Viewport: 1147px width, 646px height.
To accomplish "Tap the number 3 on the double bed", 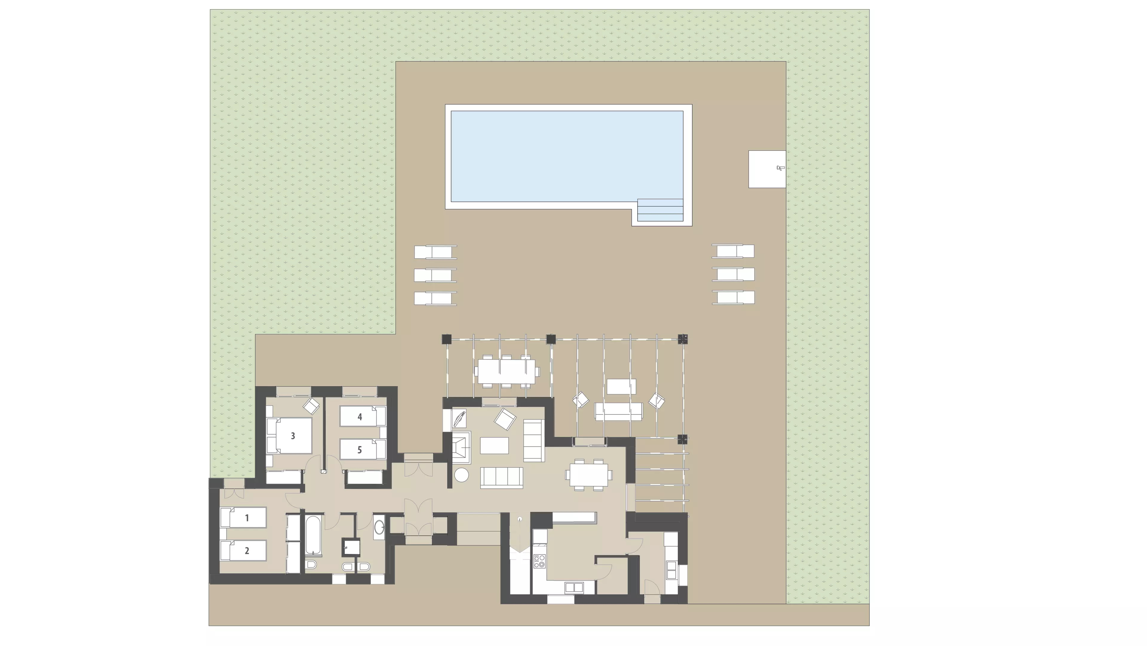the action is [293, 436].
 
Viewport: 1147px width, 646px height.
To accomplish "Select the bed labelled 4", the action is [362, 416].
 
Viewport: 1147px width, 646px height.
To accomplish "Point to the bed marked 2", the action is [243, 550].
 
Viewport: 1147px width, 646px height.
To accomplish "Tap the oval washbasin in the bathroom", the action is [379, 528].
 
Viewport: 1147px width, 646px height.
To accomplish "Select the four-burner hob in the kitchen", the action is [539, 561].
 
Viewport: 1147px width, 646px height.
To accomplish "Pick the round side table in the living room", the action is [461, 474].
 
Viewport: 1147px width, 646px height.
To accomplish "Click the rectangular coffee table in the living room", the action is [494, 445].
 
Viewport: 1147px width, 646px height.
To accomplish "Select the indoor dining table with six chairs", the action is [588, 475].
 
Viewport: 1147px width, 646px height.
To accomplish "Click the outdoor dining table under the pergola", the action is [507, 371].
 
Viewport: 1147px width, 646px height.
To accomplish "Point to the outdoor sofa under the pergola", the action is [619, 412].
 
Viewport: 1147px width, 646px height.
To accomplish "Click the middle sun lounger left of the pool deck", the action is [436, 275].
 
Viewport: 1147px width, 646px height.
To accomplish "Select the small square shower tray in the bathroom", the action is [351, 547].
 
